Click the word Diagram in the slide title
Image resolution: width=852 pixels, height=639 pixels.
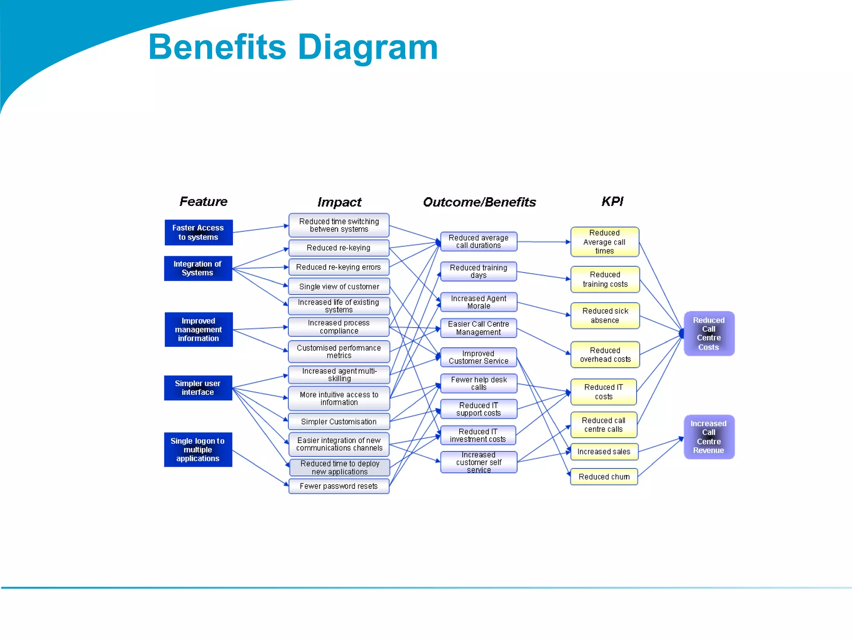click(x=368, y=47)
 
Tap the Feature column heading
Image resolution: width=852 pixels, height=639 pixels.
click(x=203, y=202)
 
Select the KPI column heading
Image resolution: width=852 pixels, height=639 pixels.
click(x=612, y=202)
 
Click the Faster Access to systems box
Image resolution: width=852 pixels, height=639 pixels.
click(x=198, y=233)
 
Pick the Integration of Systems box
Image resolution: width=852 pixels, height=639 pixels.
click(x=198, y=268)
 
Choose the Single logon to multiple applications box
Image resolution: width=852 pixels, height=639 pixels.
click(x=198, y=450)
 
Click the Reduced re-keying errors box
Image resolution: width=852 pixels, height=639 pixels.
click(x=339, y=267)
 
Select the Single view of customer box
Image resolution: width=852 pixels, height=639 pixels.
click(x=339, y=287)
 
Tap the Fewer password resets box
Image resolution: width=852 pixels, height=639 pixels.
click(x=339, y=486)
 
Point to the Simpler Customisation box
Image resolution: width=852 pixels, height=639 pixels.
click(x=339, y=421)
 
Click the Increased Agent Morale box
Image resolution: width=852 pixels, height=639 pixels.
click(x=478, y=302)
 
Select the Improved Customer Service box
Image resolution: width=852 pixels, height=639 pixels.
click(x=478, y=357)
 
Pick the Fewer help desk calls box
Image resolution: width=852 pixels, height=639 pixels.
click(x=478, y=383)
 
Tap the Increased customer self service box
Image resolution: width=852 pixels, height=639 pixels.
click(x=478, y=462)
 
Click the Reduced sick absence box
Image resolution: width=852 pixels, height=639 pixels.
click(x=605, y=316)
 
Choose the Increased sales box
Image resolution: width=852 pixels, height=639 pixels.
click(x=604, y=452)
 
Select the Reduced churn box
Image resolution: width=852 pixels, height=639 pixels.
click(x=604, y=477)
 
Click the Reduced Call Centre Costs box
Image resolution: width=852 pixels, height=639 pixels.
click(x=709, y=334)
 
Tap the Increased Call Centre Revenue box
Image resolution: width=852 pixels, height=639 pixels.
click(x=709, y=437)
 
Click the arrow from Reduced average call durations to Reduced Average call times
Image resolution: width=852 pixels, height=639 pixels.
click(x=543, y=242)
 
